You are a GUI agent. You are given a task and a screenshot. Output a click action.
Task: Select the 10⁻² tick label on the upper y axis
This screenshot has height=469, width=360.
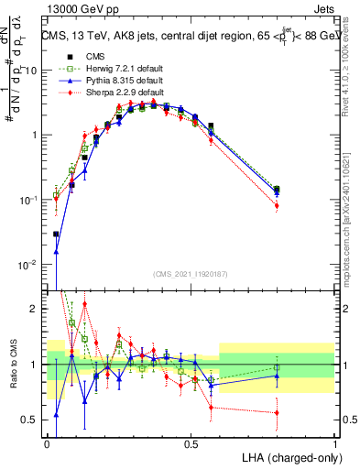point(31,265)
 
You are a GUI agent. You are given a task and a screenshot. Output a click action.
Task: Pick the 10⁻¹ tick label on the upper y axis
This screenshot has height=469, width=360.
point(31,200)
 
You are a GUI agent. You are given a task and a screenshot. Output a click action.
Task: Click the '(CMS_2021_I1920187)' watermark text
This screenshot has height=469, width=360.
point(191,273)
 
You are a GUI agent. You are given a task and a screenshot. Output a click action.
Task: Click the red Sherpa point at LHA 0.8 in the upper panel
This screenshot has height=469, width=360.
point(277,206)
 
